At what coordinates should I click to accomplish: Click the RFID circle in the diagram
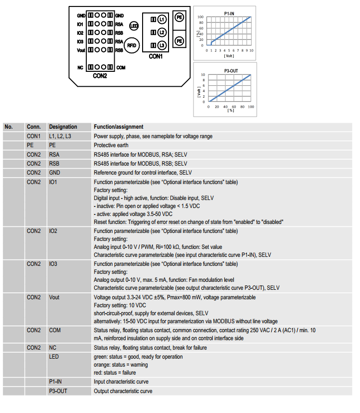pyautogui.click(x=131, y=45)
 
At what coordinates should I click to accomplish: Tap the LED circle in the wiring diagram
pyautogui.click(x=134, y=25)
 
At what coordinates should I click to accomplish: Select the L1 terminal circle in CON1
pyautogui.click(x=162, y=19)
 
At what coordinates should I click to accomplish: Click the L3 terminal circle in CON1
pyautogui.click(x=162, y=45)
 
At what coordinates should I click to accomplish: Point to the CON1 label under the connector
pyautogui.click(x=156, y=57)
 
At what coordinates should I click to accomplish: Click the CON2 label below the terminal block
pyautogui.click(x=100, y=76)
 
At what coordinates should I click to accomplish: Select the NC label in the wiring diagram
pyautogui.click(x=80, y=67)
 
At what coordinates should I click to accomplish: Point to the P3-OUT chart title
pyautogui.click(x=230, y=70)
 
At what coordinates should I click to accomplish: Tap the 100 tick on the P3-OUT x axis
pyautogui.click(x=250, y=106)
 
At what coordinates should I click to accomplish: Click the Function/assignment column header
pyautogui.click(x=119, y=127)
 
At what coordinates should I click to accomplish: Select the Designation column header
pyautogui.click(x=63, y=127)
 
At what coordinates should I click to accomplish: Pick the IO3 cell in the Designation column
pyautogui.click(x=53, y=263)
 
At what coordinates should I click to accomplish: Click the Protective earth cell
pyautogui.click(x=112, y=145)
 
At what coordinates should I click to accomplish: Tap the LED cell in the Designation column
pyautogui.click(x=54, y=357)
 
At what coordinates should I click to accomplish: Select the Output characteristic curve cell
pyautogui.click(x=123, y=391)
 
